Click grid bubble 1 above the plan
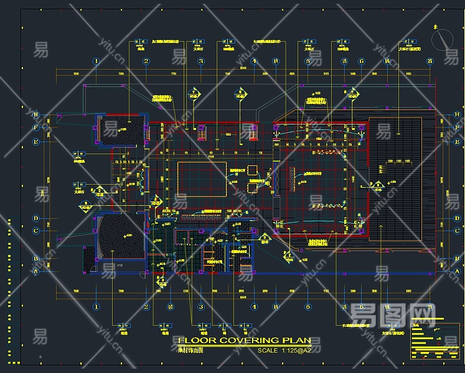[96, 61]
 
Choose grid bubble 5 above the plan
[308, 61]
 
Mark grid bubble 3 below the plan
[201, 306]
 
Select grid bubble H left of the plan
[37, 114]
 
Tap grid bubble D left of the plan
[37, 219]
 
